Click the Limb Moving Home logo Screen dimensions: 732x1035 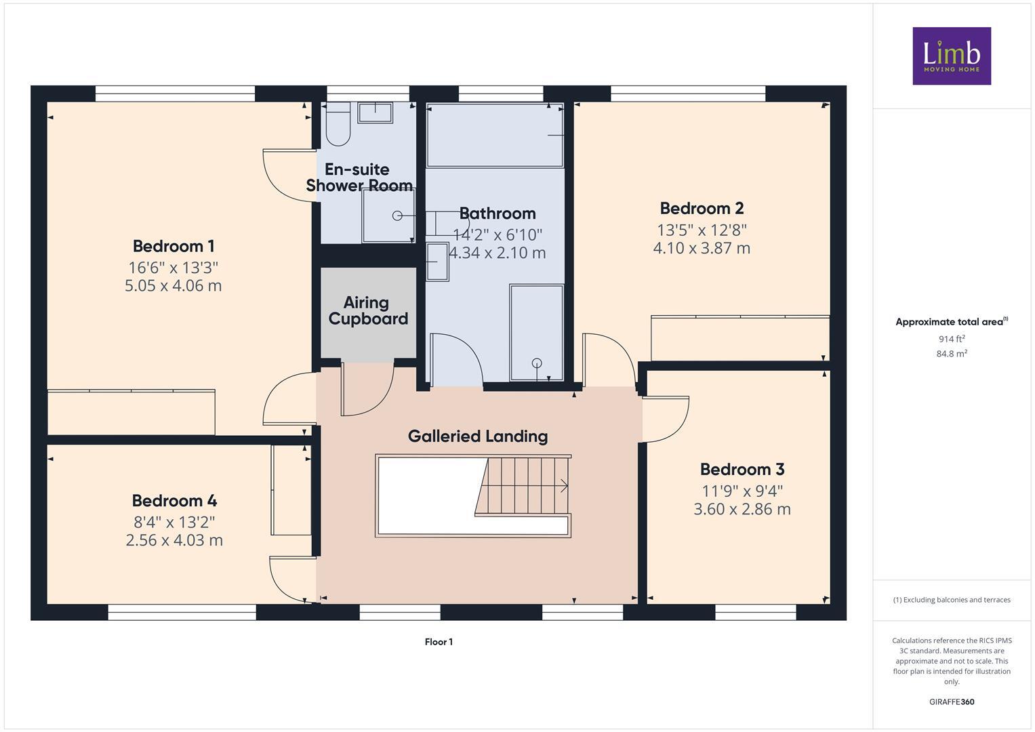[x=951, y=56]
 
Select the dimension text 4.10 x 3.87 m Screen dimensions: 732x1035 [x=702, y=248]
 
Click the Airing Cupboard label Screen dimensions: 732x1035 [x=367, y=311]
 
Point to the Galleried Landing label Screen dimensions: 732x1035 [x=477, y=436]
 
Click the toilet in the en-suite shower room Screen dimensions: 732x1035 [x=337, y=126]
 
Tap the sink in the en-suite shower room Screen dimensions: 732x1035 [x=375, y=113]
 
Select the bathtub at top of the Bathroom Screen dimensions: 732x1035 [x=495, y=135]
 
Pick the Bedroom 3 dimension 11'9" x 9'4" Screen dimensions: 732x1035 [x=742, y=491]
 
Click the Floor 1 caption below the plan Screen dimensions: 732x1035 [x=439, y=642]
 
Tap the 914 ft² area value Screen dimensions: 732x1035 [x=951, y=339]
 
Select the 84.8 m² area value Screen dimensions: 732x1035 [x=951, y=353]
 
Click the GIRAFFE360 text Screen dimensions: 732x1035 [x=951, y=701]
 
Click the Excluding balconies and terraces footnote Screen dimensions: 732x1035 [x=951, y=600]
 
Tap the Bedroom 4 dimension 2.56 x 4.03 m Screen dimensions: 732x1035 [x=174, y=540]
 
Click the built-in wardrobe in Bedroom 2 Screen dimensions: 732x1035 [x=739, y=338]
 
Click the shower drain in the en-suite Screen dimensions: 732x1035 [x=397, y=216]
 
